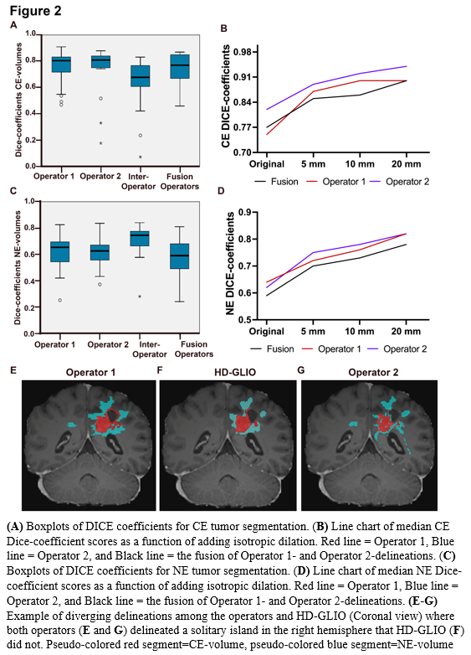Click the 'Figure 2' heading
(x=35, y=10)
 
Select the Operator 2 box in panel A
(x=101, y=61)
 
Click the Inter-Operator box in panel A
(x=141, y=76)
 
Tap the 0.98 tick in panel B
(x=243, y=52)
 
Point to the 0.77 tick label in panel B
(x=243, y=127)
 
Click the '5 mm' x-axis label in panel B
(x=313, y=164)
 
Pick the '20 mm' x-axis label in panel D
(x=406, y=332)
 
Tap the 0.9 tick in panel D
(x=246, y=212)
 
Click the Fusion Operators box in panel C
(x=179, y=256)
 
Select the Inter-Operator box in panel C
(x=140, y=239)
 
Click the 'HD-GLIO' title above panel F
(x=235, y=372)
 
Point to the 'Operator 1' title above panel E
(x=90, y=372)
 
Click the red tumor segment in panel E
(x=105, y=423)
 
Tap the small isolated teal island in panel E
(x=72, y=425)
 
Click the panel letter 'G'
(x=301, y=370)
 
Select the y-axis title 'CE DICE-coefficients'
(x=226, y=96)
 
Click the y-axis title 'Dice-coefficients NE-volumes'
(x=18, y=267)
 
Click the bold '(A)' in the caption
(x=15, y=526)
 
